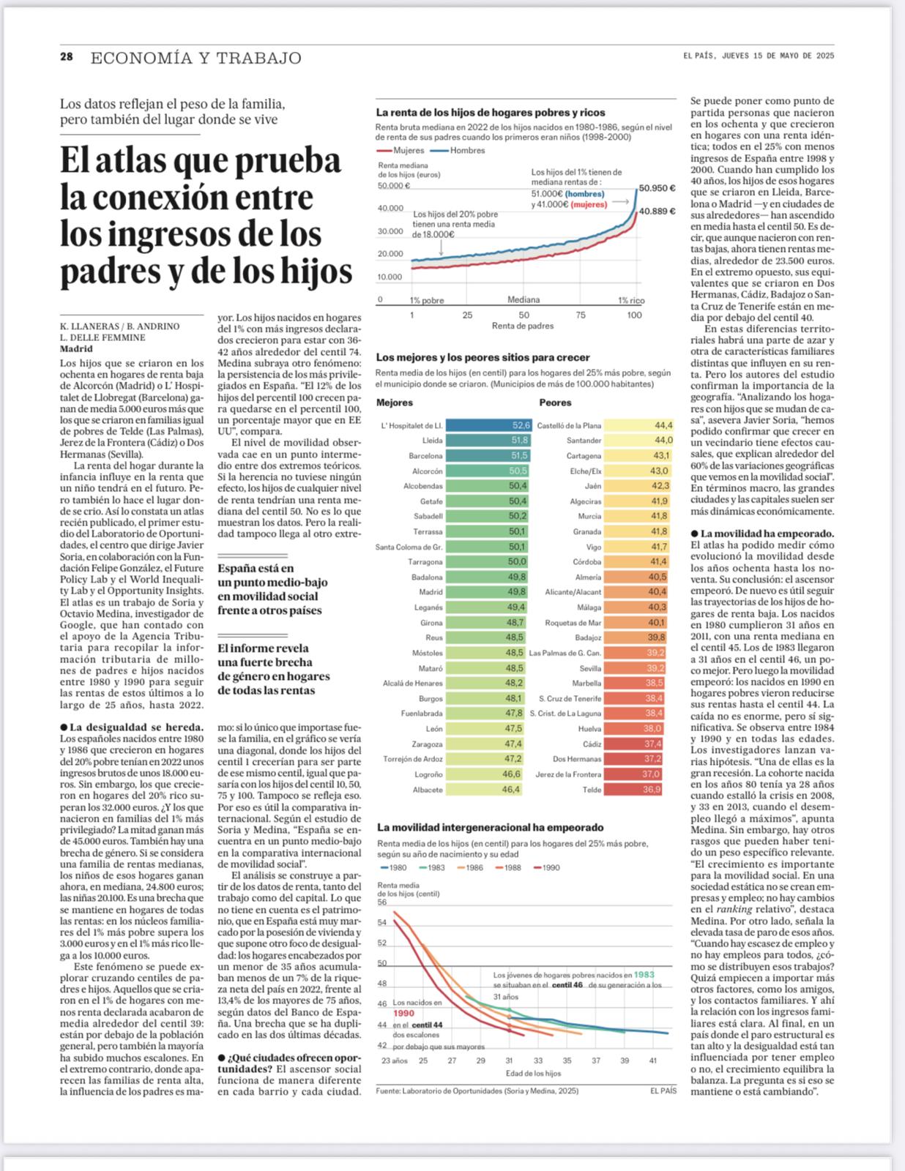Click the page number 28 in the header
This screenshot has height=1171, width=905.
tap(67, 57)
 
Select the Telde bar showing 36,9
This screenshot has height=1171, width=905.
tap(633, 790)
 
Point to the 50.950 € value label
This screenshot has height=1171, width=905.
tap(657, 188)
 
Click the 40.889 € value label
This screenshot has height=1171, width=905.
tap(657, 211)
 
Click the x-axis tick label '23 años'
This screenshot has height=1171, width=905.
tap(394, 1060)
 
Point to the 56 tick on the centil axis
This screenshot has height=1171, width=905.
tap(381, 902)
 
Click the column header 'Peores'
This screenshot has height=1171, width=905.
tap(555, 403)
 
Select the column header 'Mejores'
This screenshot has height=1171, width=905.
tap(395, 403)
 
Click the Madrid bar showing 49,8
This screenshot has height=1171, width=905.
tap(486, 592)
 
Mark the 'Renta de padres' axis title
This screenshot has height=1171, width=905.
tap(522, 326)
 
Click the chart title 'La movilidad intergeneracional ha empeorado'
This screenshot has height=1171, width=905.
tap(490, 828)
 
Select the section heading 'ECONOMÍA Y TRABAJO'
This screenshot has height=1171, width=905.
tap(195, 58)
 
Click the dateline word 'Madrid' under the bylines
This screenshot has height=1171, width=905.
tap(76, 349)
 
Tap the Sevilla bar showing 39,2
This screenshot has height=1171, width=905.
tap(634, 668)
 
